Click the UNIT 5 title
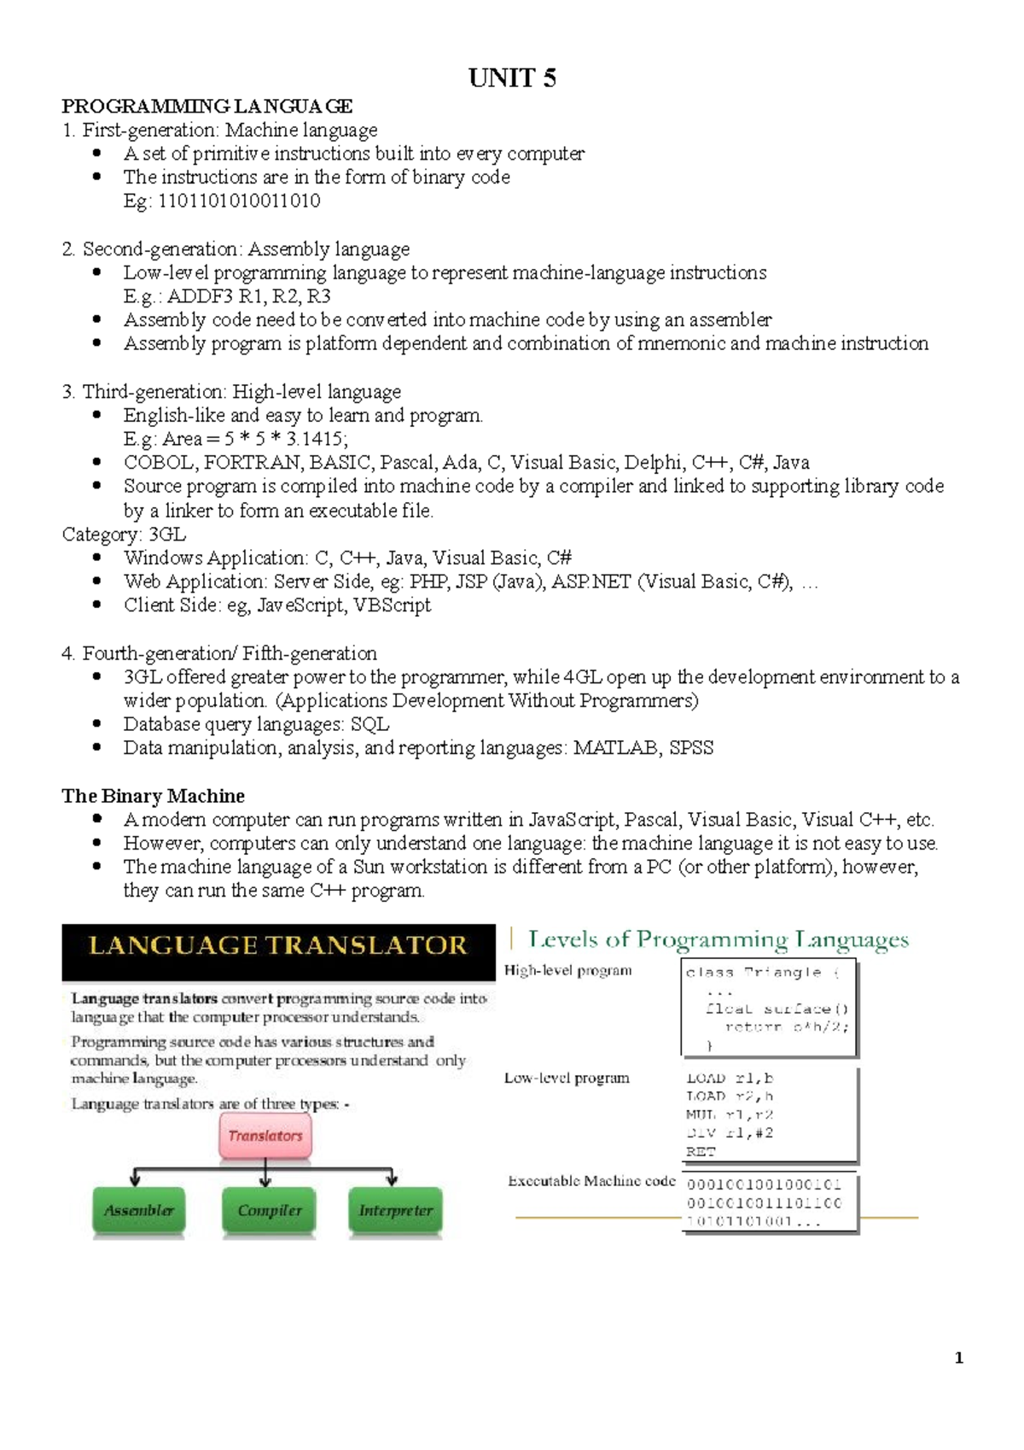click(x=512, y=79)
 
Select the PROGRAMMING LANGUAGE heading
click(x=207, y=107)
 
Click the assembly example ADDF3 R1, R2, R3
click(x=248, y=296)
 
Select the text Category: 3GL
click(x=124, y=535)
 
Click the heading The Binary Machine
click(x=153, y=796)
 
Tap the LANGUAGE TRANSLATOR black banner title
click(x=278, y=946)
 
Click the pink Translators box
click(x=265, y=1136)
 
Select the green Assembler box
click(x=139, y=1210)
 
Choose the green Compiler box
click(x=269, y=1210)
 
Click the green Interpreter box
click(x=395, y=1210)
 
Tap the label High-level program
click(x=567, y=971)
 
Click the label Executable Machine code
click(x=591, y=1181)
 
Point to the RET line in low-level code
click(x=701, y=1152)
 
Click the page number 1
click(x=958, y=1358)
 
